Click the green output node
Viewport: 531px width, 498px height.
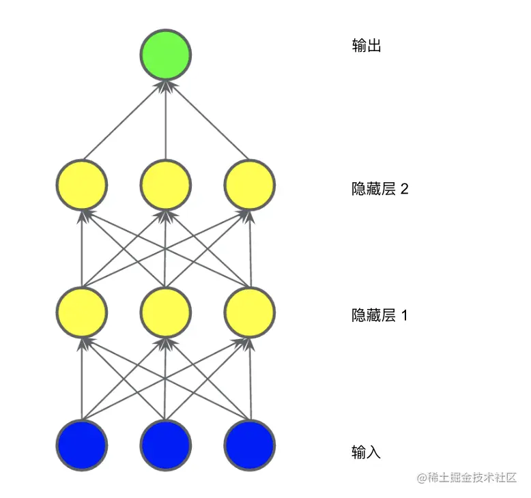(x=166, y=54)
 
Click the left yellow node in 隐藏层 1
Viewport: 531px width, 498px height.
(x=82, y=312)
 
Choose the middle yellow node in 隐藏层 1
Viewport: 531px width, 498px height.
(x=166, y=312)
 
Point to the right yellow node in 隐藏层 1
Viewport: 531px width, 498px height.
(x=250, y=312)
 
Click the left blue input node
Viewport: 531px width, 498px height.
(x=82, y=445)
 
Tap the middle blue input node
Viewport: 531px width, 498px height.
(x=166, y=445)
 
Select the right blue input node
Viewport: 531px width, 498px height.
(x=250, y=445)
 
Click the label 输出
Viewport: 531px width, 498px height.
(x=366, y=46)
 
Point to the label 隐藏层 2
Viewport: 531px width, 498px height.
(x=379, y=189)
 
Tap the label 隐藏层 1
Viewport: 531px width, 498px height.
(x=379, y=316)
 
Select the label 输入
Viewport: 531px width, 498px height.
(x=366, y=452)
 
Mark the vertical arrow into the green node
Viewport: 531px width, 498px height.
(x=166, y=119)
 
